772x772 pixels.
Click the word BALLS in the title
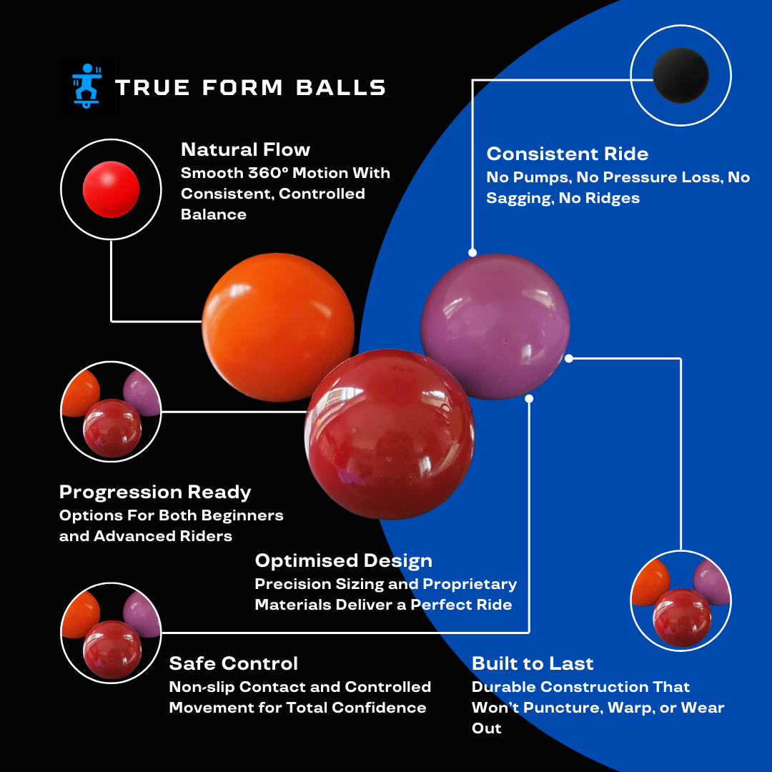coord(342,87)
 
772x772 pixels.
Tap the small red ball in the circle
coord(111,189)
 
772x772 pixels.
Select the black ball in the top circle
coord(681,75)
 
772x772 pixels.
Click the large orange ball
coord(277,326)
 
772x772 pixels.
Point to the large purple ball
coord(495,326)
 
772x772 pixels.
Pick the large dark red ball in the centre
coord(390,434)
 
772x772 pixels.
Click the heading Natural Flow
coord(245,149)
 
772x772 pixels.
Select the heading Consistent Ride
coord(567,154)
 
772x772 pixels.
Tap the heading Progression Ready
coord(155,492)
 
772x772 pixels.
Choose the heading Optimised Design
coord(343,560)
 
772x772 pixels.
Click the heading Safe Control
coord(233,663)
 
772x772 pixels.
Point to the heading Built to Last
coord(533,663)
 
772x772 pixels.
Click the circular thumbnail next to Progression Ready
coord(111,412)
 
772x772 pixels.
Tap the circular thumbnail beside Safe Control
coord(111,633)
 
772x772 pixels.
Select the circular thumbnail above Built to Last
coord(681,601)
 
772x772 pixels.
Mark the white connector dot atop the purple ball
coord(472,252)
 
